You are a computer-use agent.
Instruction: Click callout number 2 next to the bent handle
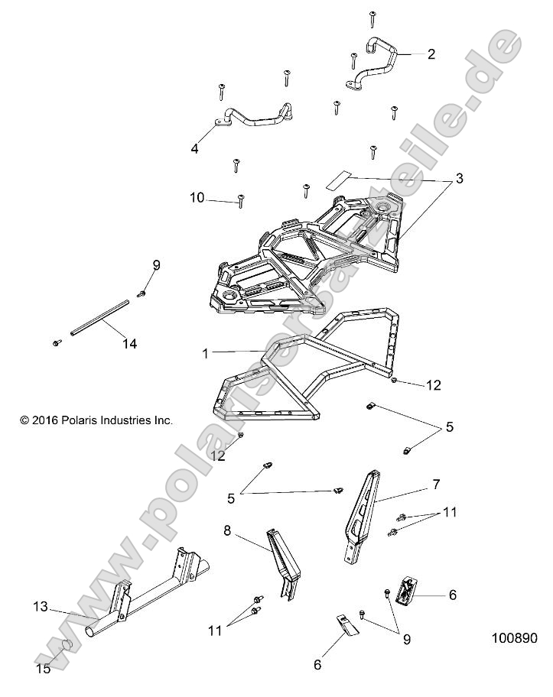pos(431,54)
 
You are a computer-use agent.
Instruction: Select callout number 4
pos(194,149)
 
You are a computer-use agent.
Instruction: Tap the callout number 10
pos(197,198)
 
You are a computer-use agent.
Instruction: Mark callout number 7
pos(435,485)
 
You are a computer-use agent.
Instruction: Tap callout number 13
pos(39,608)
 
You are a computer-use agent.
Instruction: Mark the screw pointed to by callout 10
pos(241,200)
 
